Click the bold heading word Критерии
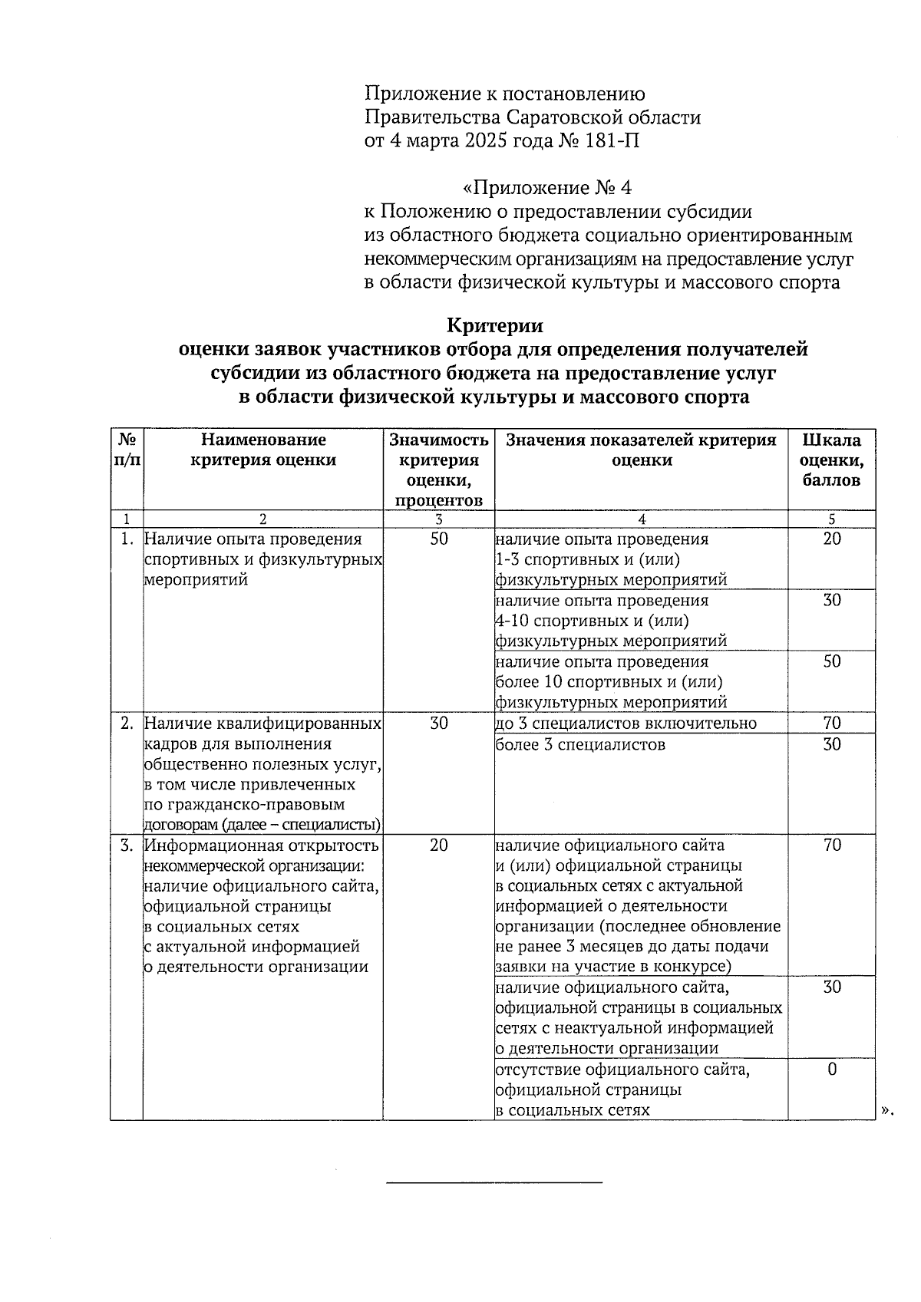click(494, 325)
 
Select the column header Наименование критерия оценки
click(263, 450)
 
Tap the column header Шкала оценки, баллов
click(831, 460)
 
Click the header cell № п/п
click(127, 450)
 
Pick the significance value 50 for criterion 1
click(438, 539)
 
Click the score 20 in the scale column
click(832, 539)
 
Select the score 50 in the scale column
click(832, 661)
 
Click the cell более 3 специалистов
click(580, 744)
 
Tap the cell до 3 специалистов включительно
click(626, 723)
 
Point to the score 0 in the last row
click(832, 1069)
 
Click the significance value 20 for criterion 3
click(438, 845)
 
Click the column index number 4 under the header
click(642, 519)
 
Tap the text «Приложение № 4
click(547, 188)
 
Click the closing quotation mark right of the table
click(887, 1110)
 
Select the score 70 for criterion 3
click(832, 845)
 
